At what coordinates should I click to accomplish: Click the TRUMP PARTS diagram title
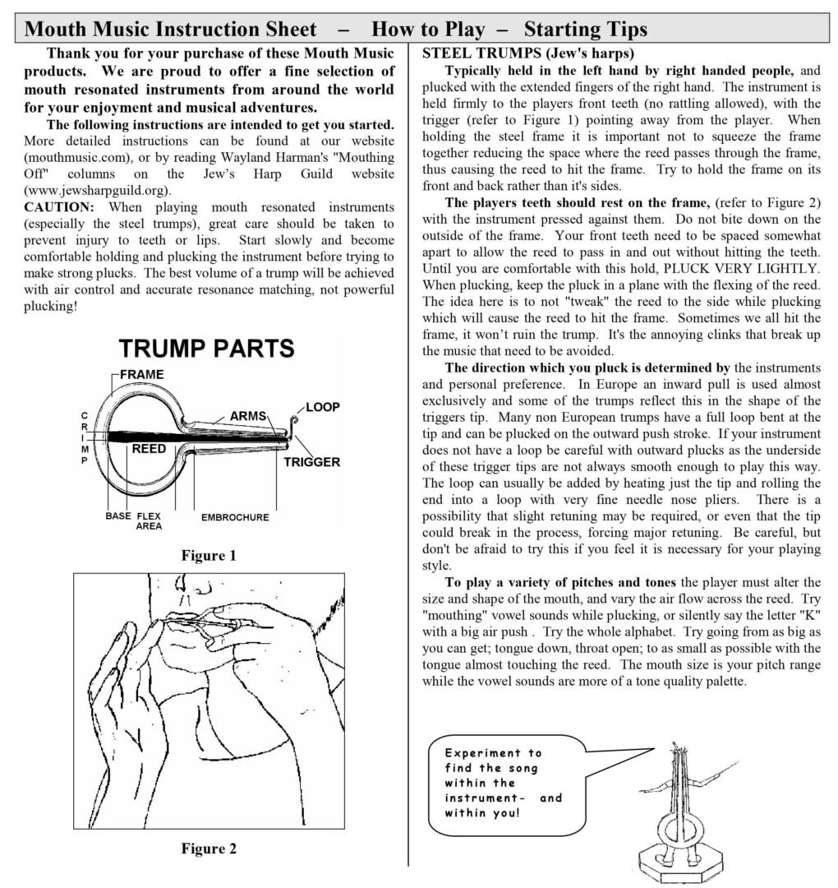[207, 348]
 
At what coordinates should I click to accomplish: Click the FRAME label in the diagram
[142, 375]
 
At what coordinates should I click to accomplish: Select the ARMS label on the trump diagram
[248, 416]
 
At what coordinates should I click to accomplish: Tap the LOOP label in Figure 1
[323, 407]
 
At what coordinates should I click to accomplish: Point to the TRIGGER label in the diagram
[311, 462]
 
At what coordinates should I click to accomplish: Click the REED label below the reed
[149, 449]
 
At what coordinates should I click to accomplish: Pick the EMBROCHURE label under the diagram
[235, 518]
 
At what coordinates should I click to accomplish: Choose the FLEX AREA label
[148, 521]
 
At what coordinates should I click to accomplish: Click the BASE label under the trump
[118, 517]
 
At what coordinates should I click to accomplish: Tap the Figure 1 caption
[209, 556]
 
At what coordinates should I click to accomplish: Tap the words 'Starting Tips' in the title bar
[585, 30]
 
